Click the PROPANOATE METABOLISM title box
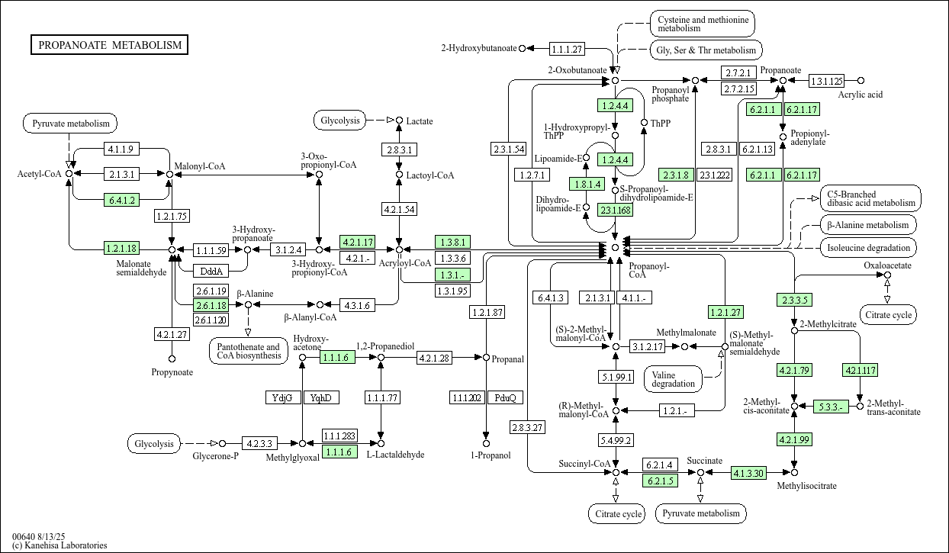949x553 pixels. tap(110, 45)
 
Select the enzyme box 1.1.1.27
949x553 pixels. tap(566, 49)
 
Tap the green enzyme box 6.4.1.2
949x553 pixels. tap(121, 201)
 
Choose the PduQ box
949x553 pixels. tap(505, 397)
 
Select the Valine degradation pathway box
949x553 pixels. tap(674, 378)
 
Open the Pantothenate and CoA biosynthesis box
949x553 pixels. tap(248, 351)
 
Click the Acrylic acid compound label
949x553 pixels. tap(860, 95)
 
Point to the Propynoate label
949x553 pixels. tap(172, 372)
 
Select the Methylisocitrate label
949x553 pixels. tap(806, 486)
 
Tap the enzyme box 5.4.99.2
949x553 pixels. tap(616, 440)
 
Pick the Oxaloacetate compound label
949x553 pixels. tap(887, 265)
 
